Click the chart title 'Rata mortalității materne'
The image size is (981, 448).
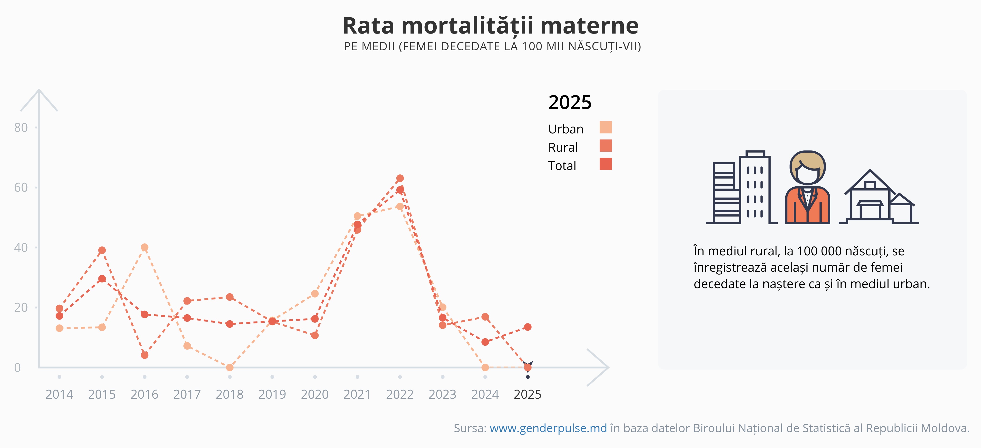(490, 26)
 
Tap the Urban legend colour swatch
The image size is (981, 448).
(605, 127)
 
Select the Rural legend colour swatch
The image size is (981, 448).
(605, 145)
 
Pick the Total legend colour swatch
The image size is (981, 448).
(605, 164)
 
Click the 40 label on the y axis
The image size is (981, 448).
(21, 248)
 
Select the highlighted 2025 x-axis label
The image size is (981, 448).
(527, 394)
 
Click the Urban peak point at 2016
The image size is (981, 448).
(144, 247)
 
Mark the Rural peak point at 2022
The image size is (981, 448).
(400, 178)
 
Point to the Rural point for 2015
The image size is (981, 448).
(102, 250)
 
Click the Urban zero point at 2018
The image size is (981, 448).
(230, 367)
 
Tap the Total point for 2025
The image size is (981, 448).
(527, 327)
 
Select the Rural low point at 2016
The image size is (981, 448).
(144, 355)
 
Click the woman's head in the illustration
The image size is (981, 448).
(807, 168)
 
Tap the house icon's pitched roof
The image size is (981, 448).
(870, 181)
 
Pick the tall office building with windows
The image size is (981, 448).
(755, 187)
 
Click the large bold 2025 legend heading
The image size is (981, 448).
(570, 102)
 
